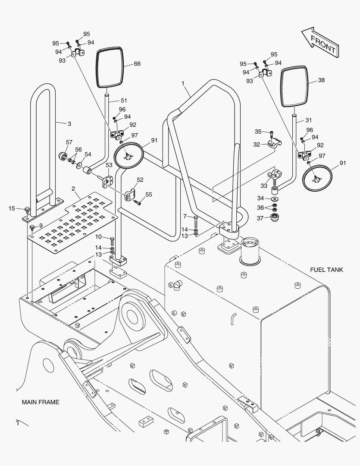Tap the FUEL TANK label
click(x=326, y=270)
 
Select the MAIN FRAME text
click(x=41, y=402)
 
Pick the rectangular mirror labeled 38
click(x=294, y=86)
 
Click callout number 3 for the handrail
click(x=69, y=124)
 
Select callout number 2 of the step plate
click(x=73, y=189)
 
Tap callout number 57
click(x=69, y=142)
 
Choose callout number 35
click(x=258, y=131)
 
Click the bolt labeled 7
click(x=196, y=223)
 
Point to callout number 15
click(x=12, y=208)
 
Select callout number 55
click(x=149, y=195)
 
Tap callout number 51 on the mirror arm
click(x=124, y=100)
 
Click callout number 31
click(x=308, y=120)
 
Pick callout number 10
click(x=98, y=236)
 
